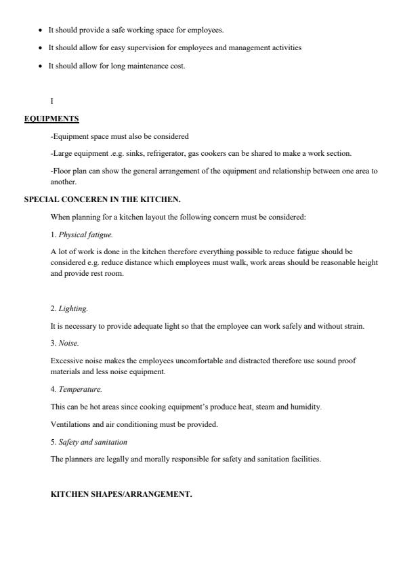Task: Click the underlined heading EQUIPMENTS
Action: [x=51, y=119]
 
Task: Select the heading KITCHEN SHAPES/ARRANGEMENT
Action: [x=121, y=494]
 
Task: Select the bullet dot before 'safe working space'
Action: [x=41, y=30]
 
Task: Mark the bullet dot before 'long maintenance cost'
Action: [x=41, y=66]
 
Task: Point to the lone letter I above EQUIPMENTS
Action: [x=52, y=101]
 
